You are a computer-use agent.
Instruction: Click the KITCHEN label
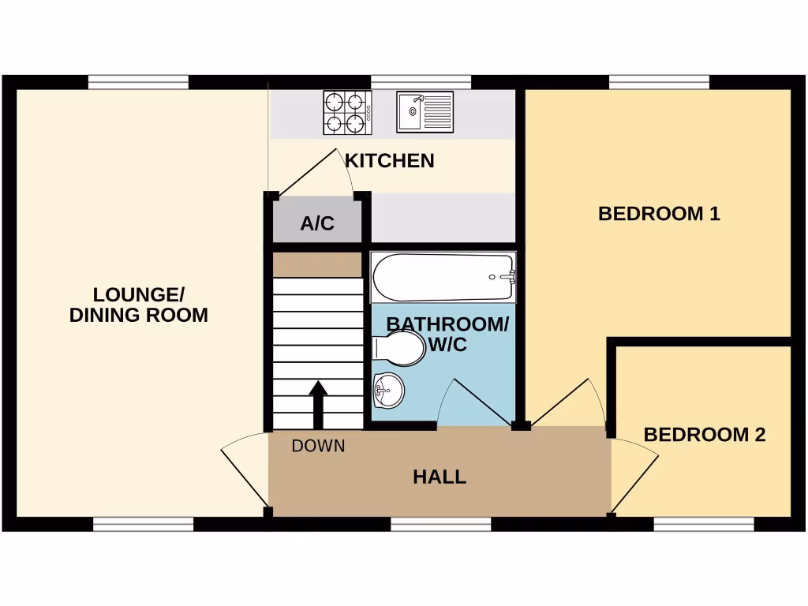coord(390,161)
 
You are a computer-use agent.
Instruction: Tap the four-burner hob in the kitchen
coord(347,113)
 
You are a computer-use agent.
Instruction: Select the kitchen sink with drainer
coord(425,112)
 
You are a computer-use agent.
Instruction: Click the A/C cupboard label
coord(317,223)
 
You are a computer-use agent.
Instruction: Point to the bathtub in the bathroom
coord(443,277)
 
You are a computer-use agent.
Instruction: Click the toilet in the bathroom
coord(398,348)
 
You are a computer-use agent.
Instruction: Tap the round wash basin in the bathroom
coord(387,389)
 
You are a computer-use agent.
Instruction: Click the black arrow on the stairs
coord(318,403)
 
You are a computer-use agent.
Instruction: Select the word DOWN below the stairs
coord(318,446)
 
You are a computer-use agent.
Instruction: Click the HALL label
coord(440,477)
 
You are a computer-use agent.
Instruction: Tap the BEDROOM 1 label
coord(659,214)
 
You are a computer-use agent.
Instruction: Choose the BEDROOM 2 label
coord(705,435)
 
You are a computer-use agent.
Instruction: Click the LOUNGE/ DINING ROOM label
coord(139,305)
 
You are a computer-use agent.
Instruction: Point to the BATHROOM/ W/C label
coord(447,335)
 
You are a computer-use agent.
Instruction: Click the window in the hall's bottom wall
coord(440,524)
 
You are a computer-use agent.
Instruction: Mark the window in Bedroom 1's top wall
coord(659,82)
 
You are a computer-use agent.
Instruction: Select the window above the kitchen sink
coord(421,82)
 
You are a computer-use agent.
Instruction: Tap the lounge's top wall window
coord(138,82)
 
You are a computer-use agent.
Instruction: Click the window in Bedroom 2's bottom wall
coord(704,524)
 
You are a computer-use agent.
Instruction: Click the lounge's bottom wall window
coord(143,524)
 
